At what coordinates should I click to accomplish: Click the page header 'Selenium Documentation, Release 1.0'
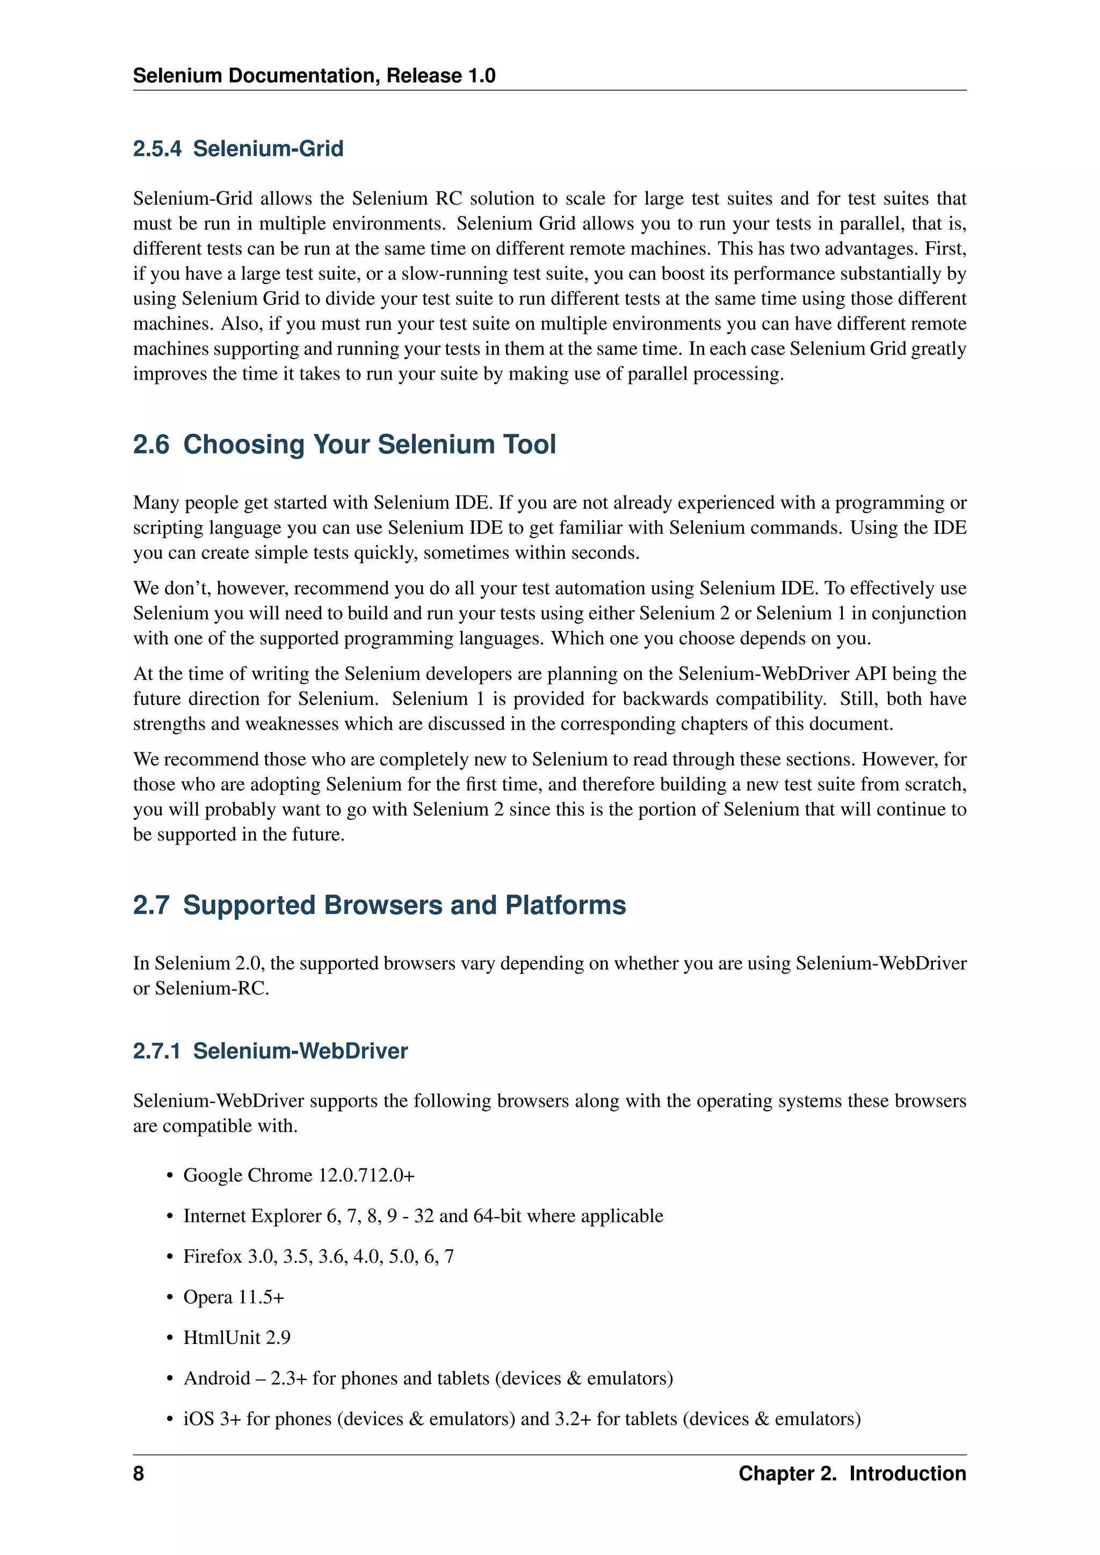click(x=314, y=75)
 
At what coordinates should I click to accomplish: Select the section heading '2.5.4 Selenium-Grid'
click(x=238, y=148)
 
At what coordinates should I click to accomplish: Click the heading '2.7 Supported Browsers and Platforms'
click(x=379, y=905)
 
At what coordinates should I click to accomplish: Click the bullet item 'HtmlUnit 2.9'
click(x=236, y=1338)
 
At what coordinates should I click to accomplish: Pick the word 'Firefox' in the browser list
click(x=212, y=1256)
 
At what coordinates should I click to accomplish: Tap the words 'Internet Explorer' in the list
click(x=252, y=1216)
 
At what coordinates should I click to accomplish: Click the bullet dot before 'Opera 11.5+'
click(x=170, y=1298)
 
